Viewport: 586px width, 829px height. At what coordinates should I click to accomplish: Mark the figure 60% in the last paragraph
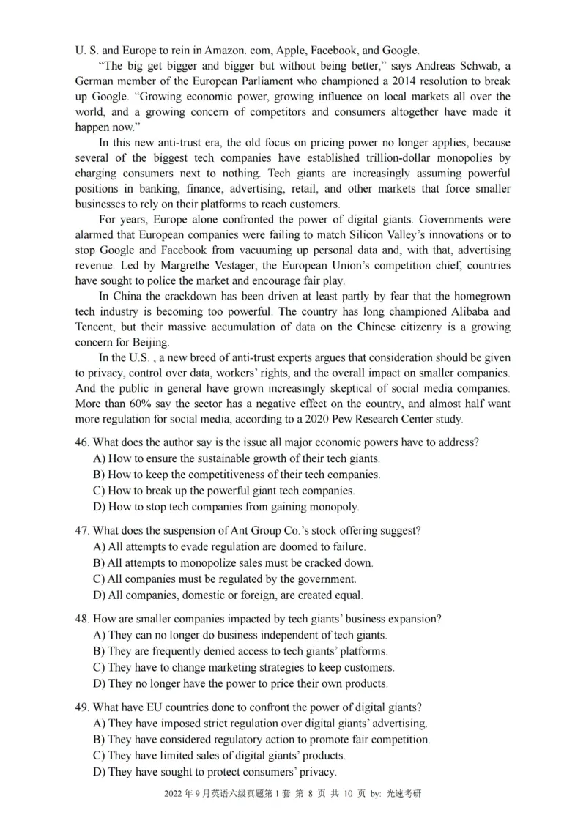(x=140, y=404)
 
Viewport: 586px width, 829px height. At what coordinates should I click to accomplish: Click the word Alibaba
(x=472, y=311)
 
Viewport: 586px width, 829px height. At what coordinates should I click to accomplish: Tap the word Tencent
(x=95, y=326)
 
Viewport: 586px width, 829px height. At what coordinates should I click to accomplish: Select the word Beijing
(x=150, y=342)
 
